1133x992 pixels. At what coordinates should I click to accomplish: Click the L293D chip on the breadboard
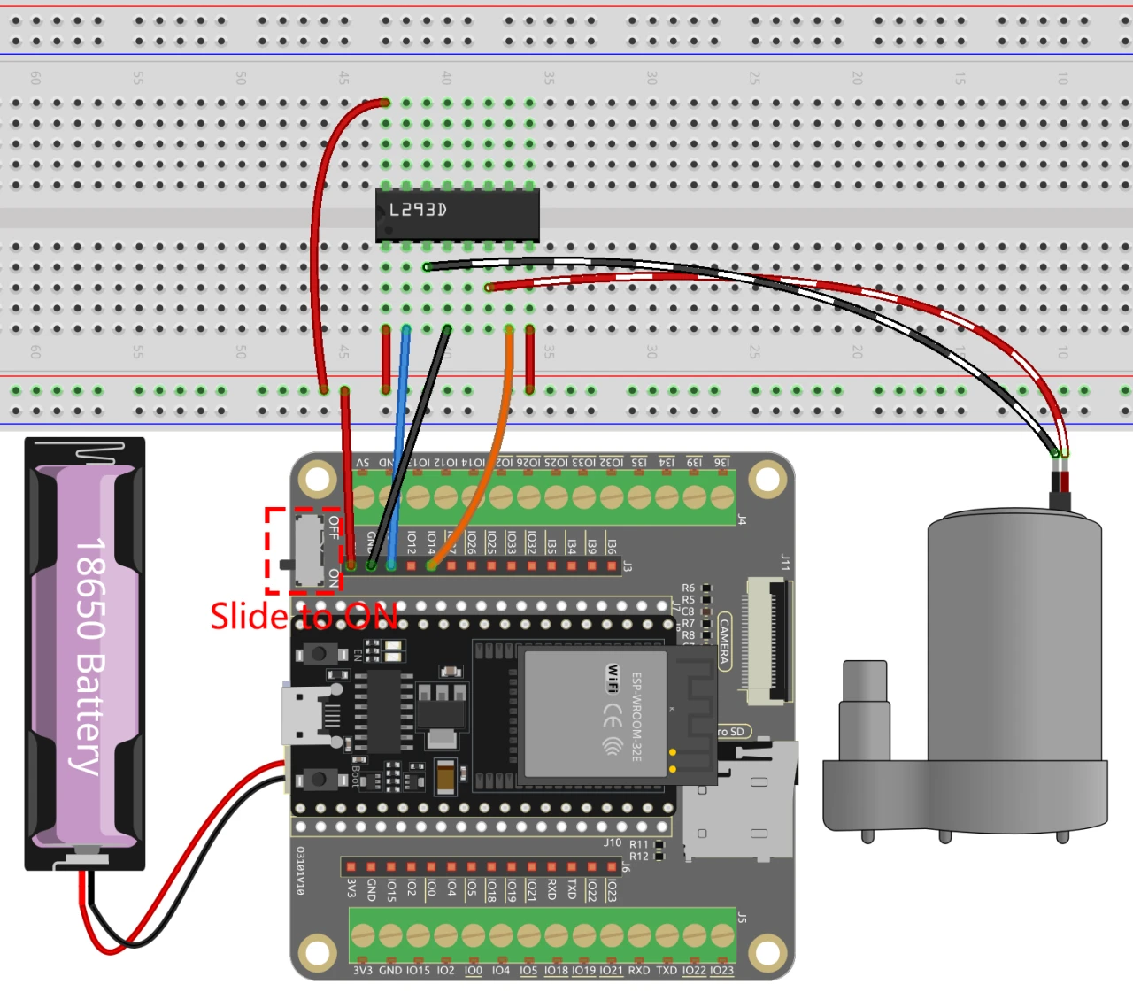pyautogui.click(x=457, y=214)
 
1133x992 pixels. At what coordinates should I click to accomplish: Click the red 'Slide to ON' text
pyautogui.click(x=304, y=616)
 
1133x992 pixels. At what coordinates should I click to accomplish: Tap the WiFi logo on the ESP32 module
pyautogui.click(x=612, y=678)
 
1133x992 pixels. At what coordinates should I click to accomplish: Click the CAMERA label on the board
pyautogui.click(x=724, y=641)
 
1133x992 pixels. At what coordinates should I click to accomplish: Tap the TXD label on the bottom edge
pyautogui.click(x=666, y=971)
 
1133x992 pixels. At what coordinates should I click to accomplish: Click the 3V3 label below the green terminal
pyautogui.click(x=362, y=971)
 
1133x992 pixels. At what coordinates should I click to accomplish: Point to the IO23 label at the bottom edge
pyautogui.click(x=721, y=971)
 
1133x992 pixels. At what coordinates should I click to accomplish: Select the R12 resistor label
pyautogui.click(x=638, y=857)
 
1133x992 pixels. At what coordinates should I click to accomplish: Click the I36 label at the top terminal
pyautogui.click(x=722, y=462)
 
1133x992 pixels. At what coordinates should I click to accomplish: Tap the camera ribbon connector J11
pyautogui.click(x=767, y=641)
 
